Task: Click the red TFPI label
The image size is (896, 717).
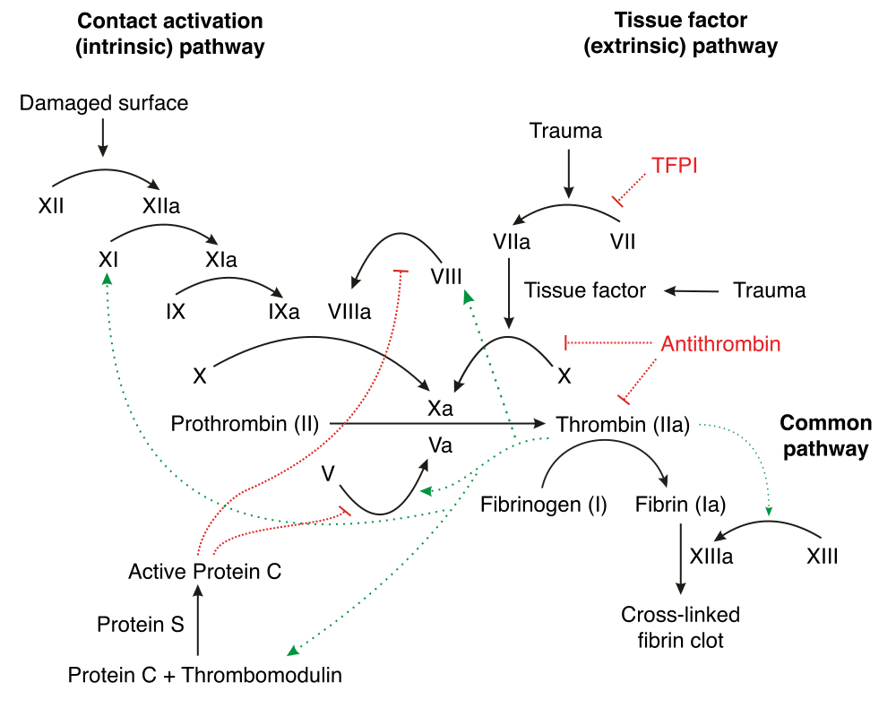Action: click(675, 166)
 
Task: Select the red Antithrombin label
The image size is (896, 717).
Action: click(720, 344)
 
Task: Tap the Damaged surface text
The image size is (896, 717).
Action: click(103, 103)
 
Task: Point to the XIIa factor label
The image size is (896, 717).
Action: click(161, 206)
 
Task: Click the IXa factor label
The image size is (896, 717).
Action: click(284, 312)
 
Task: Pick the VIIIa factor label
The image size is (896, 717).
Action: click(349, 312)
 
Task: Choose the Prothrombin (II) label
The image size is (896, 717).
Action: click(245, 424)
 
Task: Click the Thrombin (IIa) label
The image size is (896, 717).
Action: click(623, 425)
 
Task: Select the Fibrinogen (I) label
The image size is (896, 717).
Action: click(544, 505)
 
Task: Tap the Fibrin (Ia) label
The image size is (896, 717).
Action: click(681, 505)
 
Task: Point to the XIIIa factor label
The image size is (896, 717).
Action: click(711, 557)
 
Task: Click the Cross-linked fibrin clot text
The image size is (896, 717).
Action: click(681, 627)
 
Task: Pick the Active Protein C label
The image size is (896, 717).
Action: click(204, 571)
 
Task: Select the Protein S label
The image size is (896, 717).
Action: click(141, 625)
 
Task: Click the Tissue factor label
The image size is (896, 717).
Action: click(585, 290)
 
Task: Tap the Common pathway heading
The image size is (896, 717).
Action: click(826, 436)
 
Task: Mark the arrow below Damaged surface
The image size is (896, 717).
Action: click(103, 137)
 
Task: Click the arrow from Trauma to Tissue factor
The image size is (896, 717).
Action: click(692, 291)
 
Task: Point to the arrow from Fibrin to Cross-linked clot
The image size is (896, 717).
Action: click(681, 558)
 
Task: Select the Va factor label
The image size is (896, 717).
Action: click(440, 445)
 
